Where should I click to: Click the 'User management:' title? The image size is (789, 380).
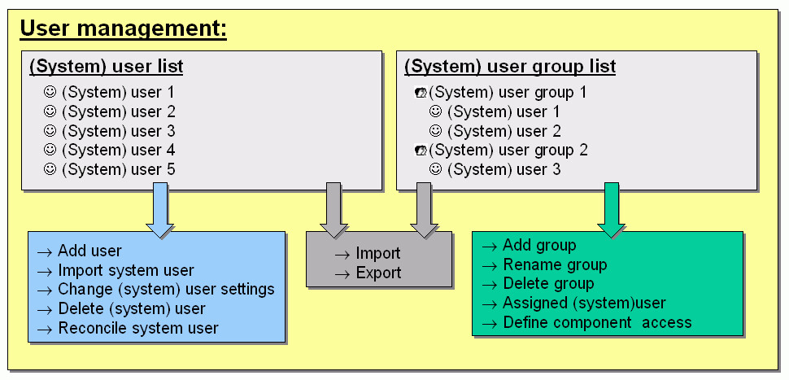coord(124,29)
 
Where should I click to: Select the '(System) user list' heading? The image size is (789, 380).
coord(107,67)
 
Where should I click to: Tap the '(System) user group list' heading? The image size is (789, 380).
coord(510,67)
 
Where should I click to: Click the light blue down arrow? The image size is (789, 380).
coord(160,210)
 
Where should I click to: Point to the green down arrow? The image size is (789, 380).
coord(612,210)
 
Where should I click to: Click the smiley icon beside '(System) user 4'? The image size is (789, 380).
coord(50,150)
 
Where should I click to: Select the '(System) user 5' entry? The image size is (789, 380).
coord(118,169)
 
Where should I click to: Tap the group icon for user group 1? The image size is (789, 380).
coord(421,93)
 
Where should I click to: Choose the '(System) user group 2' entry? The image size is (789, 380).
coord(508,151)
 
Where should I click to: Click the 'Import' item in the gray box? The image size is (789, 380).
coord(378,253)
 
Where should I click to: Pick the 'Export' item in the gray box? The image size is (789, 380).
coord(378,273)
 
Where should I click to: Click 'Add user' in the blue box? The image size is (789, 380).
coord(89,250)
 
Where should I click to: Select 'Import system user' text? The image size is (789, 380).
coord(126,270)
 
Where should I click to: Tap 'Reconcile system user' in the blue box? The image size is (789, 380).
coord(138,328)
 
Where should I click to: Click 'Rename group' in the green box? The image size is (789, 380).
coord(555,264)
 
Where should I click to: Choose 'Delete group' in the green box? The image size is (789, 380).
coord(548,284)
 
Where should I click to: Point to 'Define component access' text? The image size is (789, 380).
coord(597,322)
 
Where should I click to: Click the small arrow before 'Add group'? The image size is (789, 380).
coord(490,247)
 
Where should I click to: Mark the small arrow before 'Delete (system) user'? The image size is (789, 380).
coord(45,310)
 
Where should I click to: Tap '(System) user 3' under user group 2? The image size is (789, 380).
coord(503,169)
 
